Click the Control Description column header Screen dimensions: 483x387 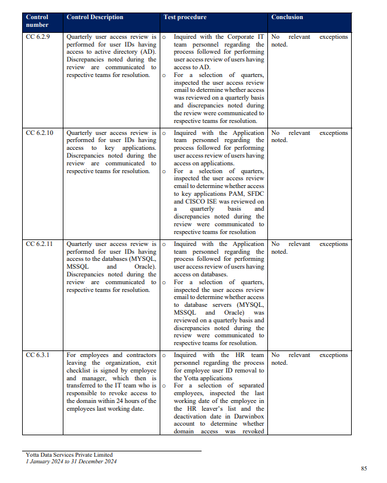coord(95,17)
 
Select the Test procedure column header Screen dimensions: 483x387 coord(185,17)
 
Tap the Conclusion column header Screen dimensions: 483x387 coord(287,17)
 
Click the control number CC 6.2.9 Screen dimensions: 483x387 coord(38,37)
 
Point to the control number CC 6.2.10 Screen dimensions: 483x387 coord(39,133)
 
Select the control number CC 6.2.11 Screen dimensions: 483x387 coord(39,244)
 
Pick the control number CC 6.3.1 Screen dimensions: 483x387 coord(38,355)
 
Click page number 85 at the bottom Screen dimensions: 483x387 coord(364,468)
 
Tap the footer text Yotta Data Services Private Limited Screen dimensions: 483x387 coord(69,455)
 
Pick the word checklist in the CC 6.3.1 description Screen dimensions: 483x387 coord(81,371)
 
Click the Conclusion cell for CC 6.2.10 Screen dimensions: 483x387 coord(309,137)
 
